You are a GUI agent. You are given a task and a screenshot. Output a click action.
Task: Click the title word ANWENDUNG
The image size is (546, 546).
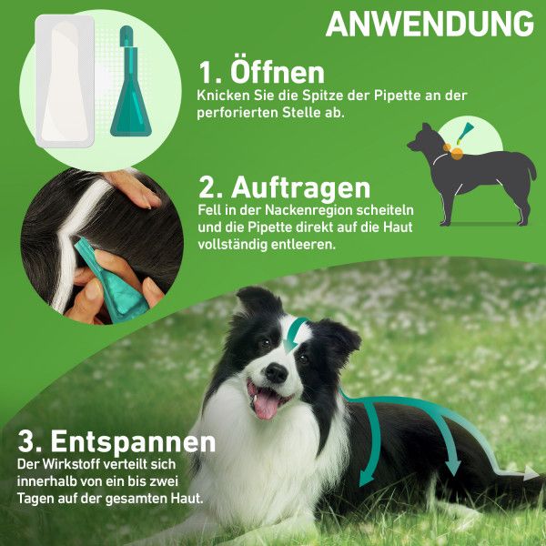coord(430,25)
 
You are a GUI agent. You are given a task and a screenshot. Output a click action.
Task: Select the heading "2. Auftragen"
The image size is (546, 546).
coord(285,187)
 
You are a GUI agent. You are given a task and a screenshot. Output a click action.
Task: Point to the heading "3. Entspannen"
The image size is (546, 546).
coord(117,442)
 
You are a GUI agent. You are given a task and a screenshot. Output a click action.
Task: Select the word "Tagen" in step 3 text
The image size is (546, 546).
coord(39,499)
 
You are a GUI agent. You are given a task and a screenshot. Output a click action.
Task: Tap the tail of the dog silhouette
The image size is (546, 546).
coord(527,165)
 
